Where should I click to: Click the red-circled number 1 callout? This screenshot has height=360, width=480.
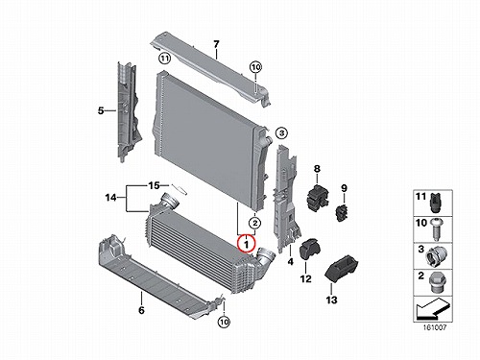click(x=246, y=243)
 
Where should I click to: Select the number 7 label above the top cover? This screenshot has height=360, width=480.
click(x=216, y=44)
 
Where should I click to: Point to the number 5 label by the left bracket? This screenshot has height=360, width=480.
click(x=101, y=110)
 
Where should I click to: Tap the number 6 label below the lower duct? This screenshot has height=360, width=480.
click(x=141, y=310)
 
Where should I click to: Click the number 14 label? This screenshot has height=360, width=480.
click(x=110, y=198)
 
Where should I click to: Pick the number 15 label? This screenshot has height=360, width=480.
click(x=154, y=185)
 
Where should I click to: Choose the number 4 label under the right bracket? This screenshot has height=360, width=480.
click(x=290, y=261)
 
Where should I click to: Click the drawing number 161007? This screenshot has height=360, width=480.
click(x=434, y=327)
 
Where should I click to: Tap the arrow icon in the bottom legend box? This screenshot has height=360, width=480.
click(x=431, y=309)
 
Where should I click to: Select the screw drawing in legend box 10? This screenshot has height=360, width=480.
click(x=436, y=228)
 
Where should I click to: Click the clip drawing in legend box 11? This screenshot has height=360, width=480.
click(x=435, y=202)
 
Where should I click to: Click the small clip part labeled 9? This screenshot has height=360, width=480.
click(x=342, y=212)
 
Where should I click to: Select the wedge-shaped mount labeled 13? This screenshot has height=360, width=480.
click(x=342, y=269)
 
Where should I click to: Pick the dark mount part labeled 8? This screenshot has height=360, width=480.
click(x=318, y=197)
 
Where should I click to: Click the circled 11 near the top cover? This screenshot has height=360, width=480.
click(x=164, y=59)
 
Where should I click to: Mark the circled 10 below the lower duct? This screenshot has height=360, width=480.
click(x=224, y=322)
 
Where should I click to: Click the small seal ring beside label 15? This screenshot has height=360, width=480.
click(x=179, y=189)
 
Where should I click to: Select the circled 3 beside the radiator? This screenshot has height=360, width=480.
click(x=281, y=132)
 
